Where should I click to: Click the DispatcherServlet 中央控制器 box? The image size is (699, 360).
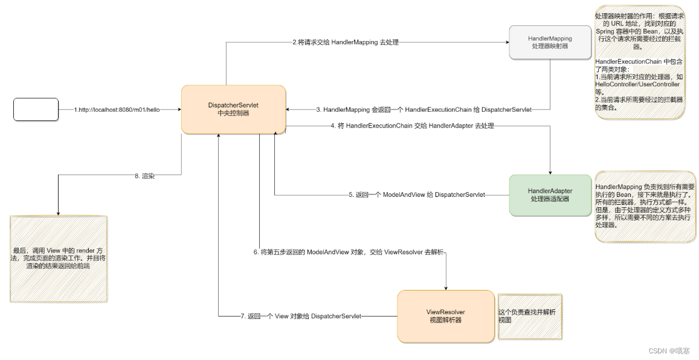pos(233,109)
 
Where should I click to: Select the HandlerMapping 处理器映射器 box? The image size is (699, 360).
pos(550,42)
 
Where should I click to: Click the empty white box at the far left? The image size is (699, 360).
pos(36,109)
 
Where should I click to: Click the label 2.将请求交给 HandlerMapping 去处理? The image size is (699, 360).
pos(344,42)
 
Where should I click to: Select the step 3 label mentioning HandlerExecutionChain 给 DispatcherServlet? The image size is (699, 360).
pos(424,110)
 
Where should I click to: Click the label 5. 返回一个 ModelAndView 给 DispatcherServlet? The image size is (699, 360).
pos(417,195)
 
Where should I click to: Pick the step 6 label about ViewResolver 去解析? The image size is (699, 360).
pos(349,251)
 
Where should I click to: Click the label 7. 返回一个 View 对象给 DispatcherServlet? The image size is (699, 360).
pos(301,316)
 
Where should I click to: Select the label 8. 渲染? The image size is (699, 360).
pos(144,176)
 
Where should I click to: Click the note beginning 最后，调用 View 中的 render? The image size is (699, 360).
pos(58,258)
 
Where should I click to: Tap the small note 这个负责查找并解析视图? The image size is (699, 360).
pos(529,317)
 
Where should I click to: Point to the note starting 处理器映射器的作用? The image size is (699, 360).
pos(640,60)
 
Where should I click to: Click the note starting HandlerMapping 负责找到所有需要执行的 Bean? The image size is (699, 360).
pos(644,205)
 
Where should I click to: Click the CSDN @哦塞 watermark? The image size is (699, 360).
pos(669,350)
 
